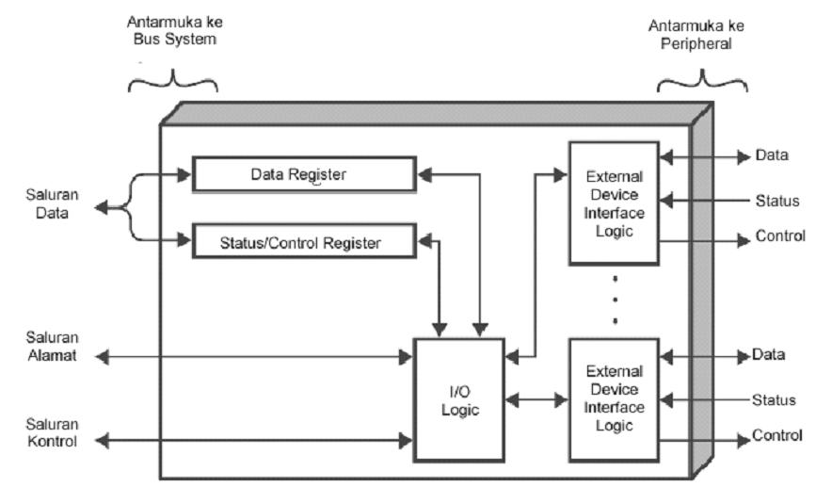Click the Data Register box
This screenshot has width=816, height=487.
pos(303,174)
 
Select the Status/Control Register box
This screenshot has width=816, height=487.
pos(303,243)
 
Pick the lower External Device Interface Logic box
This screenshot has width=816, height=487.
pos(614,398)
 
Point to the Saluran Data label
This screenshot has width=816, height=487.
pos(52,204)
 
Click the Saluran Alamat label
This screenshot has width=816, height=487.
pos(52,348)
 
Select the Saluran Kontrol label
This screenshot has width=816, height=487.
pos(52,431)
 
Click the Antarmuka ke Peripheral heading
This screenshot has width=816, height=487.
pos(701,34)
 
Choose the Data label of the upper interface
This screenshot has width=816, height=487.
pos(772,154)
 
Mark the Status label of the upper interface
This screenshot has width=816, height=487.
pos(777,201)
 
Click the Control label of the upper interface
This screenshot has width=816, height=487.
pos(780,235)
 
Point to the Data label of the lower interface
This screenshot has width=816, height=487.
pos(769,355)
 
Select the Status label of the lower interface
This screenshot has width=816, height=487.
pos(776,400)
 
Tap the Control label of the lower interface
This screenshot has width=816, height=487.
pos(777,436)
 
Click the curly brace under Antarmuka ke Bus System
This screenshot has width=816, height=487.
pos(172,82)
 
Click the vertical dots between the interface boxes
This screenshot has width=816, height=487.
pos(615,300)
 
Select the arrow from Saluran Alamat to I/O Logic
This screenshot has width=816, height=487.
pos(254,357)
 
